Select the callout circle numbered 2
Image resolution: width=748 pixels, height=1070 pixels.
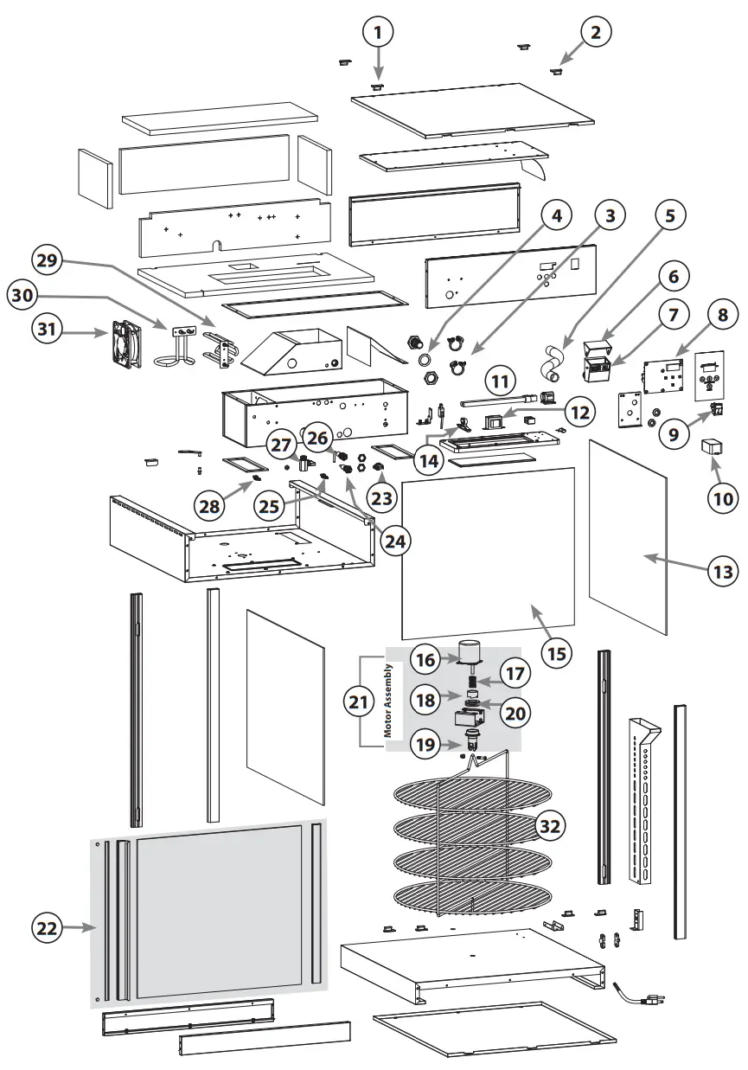click(x=595, y=32)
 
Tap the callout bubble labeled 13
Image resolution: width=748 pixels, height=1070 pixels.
click(x=722, y=571)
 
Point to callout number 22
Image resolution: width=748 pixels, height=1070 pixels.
click(x=48, y=928)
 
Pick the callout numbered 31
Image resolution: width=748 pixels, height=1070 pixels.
click(x=49, y=329)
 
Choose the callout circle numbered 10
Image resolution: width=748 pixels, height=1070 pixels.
click(x=722, y=497)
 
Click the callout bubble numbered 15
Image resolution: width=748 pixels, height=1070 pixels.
click(x=559, y=651)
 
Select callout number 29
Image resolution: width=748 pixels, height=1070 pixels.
click(x=48, y=259)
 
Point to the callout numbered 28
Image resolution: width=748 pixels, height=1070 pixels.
click(x=210, y=506)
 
